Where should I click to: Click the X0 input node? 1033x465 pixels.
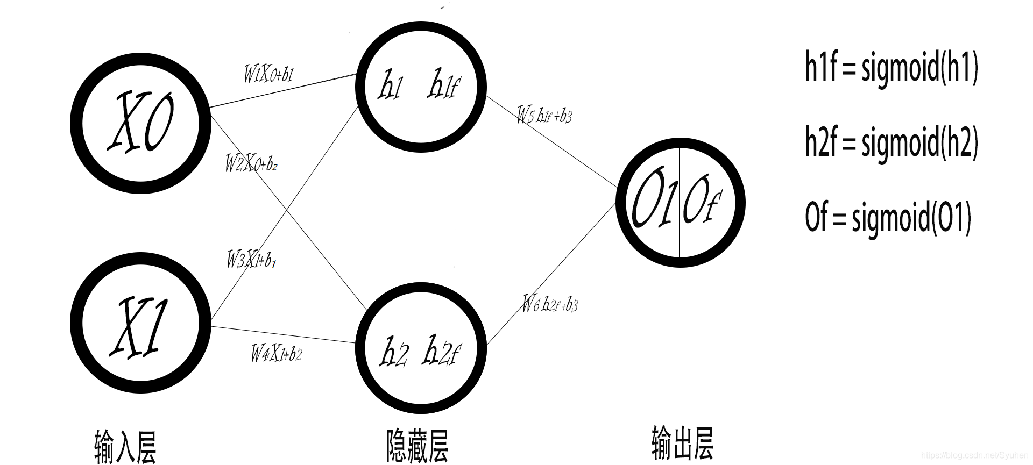tap(140, 123)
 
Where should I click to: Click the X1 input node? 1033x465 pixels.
tap(140, 325)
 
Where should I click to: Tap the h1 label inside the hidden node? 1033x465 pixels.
tap(390, 87)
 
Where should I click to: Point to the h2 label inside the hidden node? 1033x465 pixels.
tap(394, 353)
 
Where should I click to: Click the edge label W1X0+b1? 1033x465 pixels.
tap(268, 74)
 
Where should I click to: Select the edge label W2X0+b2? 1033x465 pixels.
tap(251, 163)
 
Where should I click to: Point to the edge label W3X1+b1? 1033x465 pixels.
tap(251, 260)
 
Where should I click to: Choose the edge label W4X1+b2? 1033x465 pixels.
tap(276, 354)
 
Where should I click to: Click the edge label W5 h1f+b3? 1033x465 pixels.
tap(544, 115)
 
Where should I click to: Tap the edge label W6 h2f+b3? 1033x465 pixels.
tap(550, 305)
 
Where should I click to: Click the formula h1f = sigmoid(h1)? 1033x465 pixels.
tap(891, 68)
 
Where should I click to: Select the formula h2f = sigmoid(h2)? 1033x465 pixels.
tap(891, 142)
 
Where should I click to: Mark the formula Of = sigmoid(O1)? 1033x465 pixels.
tap(888, 217)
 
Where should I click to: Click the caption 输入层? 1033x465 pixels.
tap(125, 446)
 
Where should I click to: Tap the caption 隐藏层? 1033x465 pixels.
tap(417, 445)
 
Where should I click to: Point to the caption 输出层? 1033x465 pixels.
tap(682, 443)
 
